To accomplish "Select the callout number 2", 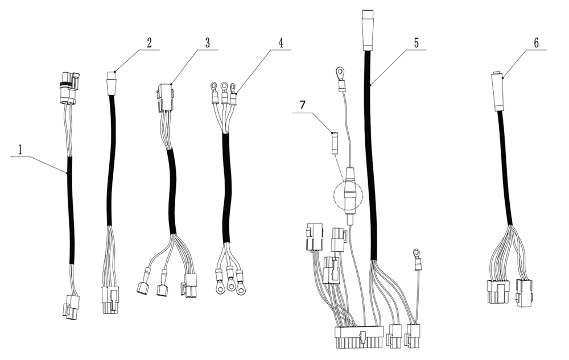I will tap(149, 43).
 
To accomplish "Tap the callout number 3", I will tap(208, 43).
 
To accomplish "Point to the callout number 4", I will tap(280, 43).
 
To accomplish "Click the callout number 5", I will tap(417, 43).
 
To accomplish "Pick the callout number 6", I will tap(536, 43).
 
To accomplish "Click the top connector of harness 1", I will tap(68, 88).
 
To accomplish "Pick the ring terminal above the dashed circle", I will tap(340, 73).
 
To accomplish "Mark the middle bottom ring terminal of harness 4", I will tap(230, 281).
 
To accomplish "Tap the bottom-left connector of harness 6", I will tap(496, 292).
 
